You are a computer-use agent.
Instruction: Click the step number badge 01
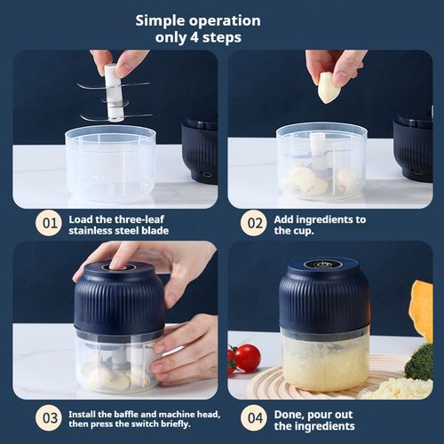[48, 223]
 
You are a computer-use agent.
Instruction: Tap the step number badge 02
[253, 223]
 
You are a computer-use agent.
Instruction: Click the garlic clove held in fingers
[329, 87]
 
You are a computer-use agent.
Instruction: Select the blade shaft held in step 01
[114, 92]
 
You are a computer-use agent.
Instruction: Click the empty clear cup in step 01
[110, 163]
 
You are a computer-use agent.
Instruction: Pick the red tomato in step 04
[246, 358]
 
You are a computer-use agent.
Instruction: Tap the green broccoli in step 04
[419, 361]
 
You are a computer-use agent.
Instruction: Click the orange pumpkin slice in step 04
[421, 311]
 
